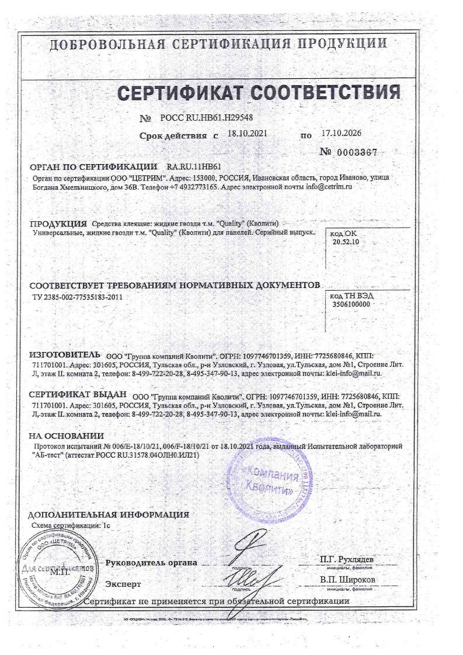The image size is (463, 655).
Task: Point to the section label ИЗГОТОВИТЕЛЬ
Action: [65, 355]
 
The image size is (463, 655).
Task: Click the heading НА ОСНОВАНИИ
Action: [66, 435]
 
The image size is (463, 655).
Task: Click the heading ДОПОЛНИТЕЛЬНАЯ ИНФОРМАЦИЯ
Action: [109, 515]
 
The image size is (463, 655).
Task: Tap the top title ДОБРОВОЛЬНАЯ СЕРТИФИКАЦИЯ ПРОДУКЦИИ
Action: [218, 44]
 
